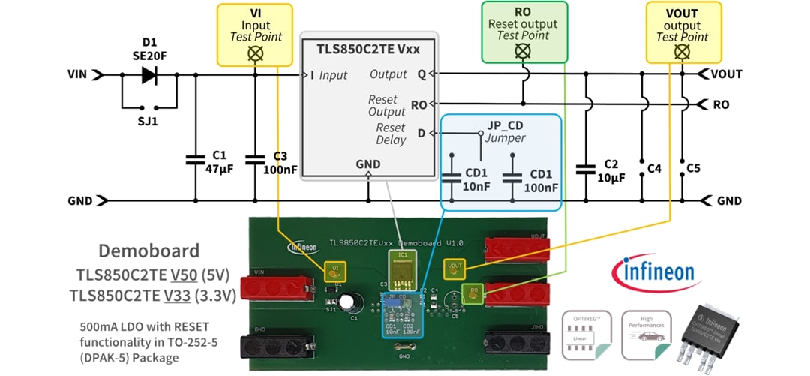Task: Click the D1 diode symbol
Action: (x=148, y=74)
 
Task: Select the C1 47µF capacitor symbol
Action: (x=195, y=159)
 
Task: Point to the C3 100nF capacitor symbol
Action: (x=255, y=159)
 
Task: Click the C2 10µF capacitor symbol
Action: (x=585, y=169)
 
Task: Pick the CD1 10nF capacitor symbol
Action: (x=451, y=178)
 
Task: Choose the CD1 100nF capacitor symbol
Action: (x=511, y=178)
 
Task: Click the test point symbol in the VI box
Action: (x=255, y=53)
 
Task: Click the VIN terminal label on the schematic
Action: (x=77, y=74)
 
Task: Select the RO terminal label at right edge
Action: (x=721, y=104)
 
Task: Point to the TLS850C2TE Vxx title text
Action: (x=369, y=50)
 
